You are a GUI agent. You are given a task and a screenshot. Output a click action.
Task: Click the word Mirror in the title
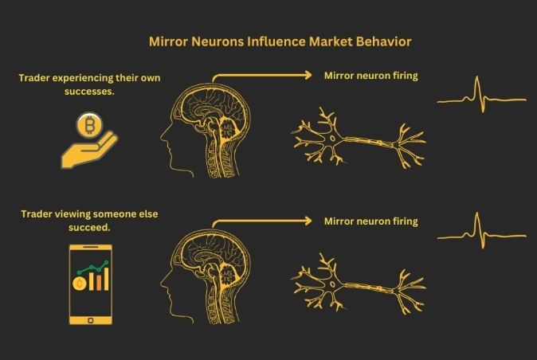pos(168,39)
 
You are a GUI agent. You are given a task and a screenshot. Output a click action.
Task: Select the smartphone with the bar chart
pos(90,284)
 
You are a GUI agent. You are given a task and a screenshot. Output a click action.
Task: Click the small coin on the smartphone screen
pos(80,284)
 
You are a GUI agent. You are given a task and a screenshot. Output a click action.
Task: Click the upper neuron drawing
pos(359,142)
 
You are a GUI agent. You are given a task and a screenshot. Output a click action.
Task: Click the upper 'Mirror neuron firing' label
pos(370,76)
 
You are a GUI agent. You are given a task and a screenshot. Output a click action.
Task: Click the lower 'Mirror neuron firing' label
pos(370,221)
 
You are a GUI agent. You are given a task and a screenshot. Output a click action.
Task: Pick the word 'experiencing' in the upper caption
pos(87,78)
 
